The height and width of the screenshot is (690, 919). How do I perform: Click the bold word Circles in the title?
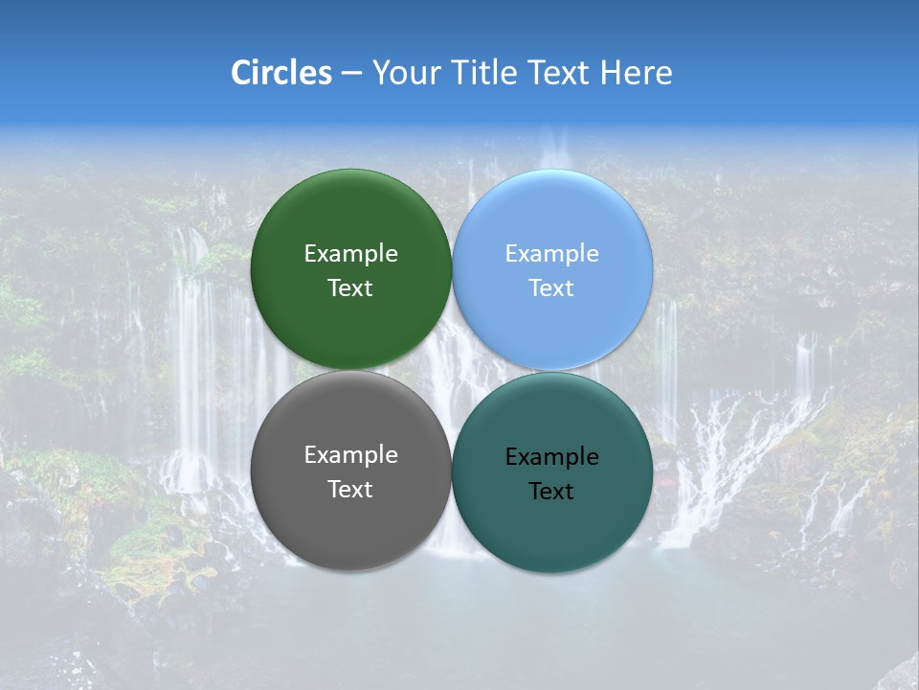[x=280, y=73]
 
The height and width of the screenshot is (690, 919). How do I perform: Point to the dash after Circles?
[x=351, y=74]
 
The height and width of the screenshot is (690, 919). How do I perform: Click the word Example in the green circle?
[x=350, y=254]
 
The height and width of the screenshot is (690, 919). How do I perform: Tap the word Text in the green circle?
[x=350, y=288]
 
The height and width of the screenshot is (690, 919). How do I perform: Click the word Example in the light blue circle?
[x=552, y=254]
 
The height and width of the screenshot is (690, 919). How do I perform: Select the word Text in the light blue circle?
[x=552, y=288]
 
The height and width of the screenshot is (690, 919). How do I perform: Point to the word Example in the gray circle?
[x=350, y=455]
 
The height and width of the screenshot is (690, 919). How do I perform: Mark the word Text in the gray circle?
[x=350, y=490]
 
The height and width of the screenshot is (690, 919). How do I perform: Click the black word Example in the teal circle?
[x=552, y=457]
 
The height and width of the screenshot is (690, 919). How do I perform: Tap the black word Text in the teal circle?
[x=552, y=492]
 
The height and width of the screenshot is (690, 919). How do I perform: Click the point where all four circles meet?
[x=452, y=371]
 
